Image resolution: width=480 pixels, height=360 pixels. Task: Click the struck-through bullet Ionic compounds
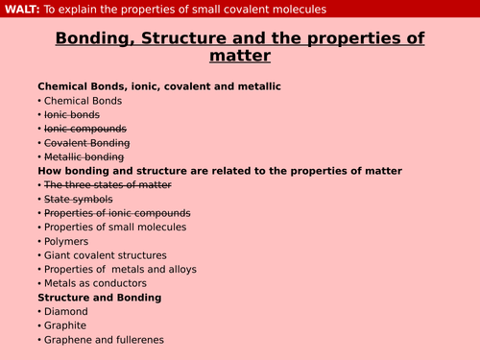coord(85,129)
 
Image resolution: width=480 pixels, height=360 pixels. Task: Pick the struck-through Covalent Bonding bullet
coord(86,142)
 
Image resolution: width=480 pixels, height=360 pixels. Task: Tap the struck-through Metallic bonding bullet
coord(84,156)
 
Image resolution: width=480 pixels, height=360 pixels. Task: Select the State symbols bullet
coord(78,199)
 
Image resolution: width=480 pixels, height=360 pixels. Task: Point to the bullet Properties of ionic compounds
coord(117,213)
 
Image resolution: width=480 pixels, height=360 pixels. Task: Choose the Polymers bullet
coord(67,241)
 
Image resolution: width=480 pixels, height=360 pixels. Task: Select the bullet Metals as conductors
coord(95,283)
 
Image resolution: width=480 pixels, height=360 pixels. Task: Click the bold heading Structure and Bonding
coord(99,298)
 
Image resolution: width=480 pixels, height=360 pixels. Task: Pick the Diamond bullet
coord(65,312)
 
